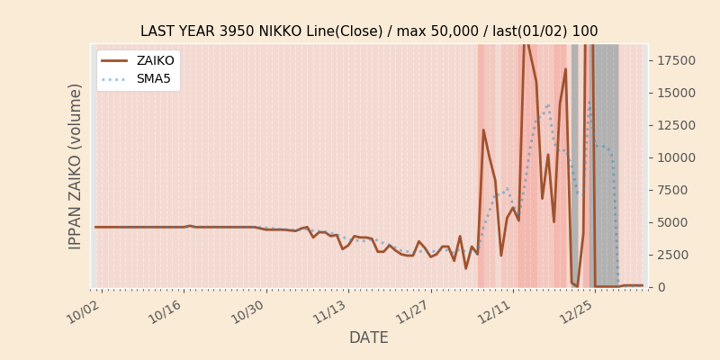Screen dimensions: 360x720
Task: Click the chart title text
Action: point(369,31)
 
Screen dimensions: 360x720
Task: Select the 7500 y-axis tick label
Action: point(673,190)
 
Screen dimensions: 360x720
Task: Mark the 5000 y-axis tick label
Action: point(673,222)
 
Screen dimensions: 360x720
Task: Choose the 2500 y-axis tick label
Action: point(673,255)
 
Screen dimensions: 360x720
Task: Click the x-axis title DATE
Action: point(369,338)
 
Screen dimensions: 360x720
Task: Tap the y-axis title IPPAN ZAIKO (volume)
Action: point(76,166)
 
